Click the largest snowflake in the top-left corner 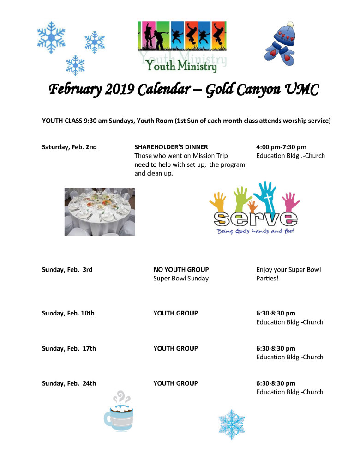click(51, 37)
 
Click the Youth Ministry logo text click(181, 67)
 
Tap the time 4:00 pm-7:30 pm click(281, 147)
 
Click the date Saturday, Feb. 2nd click(69, 147)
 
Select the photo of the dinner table click(100, 212)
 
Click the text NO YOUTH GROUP click(181, 269)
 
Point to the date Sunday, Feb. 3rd click(67, 269)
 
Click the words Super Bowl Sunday click(181, 279)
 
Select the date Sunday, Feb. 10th click(68, 313)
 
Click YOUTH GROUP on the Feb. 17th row click(175, 348)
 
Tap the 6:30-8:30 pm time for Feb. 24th click(276, 383)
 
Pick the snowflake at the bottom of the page click(231, 424)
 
